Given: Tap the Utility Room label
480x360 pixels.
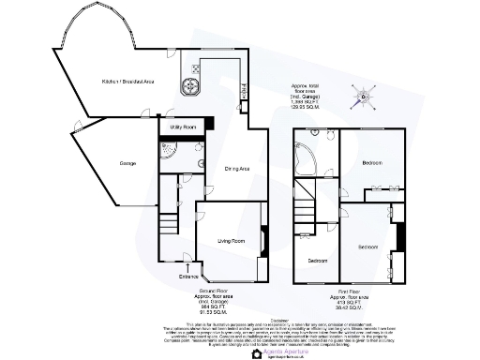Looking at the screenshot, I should pos(182,126).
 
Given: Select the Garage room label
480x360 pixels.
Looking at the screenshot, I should pos(127,164).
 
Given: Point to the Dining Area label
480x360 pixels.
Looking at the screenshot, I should pos(236,169).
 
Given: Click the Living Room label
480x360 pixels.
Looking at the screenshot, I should pos(230,241).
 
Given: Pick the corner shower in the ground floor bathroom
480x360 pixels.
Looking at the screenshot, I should pos(168,151).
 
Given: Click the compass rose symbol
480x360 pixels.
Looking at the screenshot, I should pos(362,95).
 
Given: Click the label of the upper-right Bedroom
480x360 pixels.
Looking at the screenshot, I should pos(372,163).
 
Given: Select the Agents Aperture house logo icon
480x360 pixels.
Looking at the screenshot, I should pos(257,353).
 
